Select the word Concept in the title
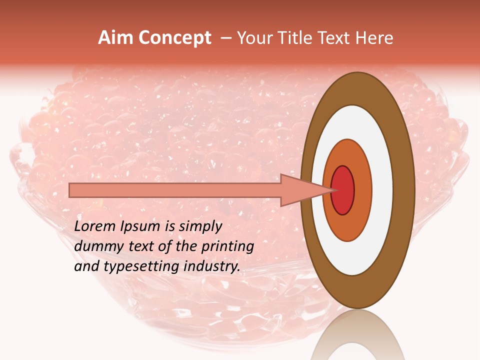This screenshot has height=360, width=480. (174, 38)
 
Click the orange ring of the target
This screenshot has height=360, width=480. (363, 190)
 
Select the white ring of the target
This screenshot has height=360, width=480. (383, 190)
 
